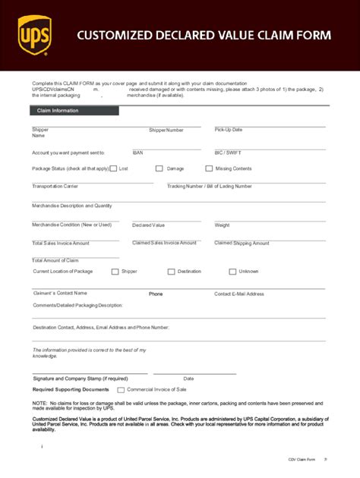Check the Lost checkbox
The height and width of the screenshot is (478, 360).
coord(113,168)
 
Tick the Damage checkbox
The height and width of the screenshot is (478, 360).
coord(159,168)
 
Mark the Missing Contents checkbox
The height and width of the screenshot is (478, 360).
coord(209,168)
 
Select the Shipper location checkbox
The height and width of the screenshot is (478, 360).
coord(115,272)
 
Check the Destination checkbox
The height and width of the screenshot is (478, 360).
coord(171,272)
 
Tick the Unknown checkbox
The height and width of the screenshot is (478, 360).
coord(232,272)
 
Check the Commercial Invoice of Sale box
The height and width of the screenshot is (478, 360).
coord(122,389)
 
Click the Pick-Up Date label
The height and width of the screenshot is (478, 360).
coord(229,130)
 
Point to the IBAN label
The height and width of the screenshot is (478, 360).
coord(137,153)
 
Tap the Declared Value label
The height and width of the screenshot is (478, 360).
coord(148,225)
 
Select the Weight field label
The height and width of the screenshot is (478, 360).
coord(222,225)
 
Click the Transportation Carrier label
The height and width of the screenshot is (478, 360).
coord(55,186)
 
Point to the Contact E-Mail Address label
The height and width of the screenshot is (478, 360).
coord(239,294)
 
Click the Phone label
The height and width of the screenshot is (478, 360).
coord(156,294)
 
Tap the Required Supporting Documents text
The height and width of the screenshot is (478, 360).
coord(71,389)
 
